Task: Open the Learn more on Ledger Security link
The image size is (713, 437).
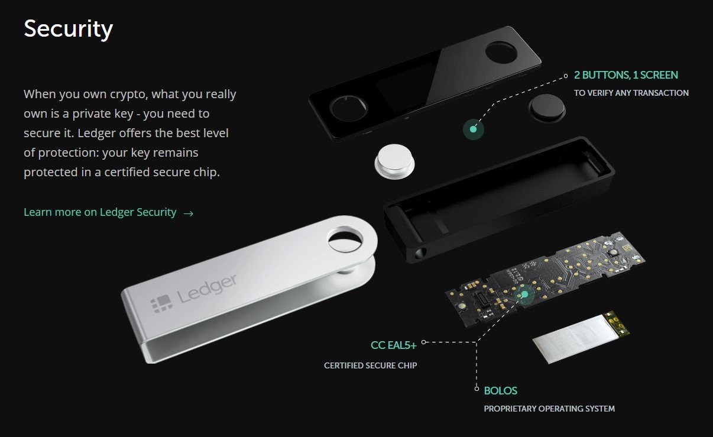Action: coord(100,212)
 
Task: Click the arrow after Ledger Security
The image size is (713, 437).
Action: coord(189,213)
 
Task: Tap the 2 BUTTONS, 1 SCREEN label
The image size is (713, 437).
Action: coord(626,75)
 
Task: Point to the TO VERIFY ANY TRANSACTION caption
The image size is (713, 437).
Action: coord(631,93)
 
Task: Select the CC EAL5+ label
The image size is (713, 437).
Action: coord(393,345)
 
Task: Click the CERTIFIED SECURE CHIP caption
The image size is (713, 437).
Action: coord(370,365)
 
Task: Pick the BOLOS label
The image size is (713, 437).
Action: coord(500,390)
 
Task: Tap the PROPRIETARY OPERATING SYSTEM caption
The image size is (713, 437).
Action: coord(549,409)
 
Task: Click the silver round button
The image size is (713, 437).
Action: coord(394,161)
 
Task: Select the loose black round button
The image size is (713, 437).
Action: coord(547,108)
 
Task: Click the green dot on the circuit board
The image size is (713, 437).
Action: coord(524,294)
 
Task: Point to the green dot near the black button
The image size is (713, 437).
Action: coord(474,130)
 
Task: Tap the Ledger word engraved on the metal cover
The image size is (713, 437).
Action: coord(207,288)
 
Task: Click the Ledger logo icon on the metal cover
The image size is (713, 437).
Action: coord(162,303)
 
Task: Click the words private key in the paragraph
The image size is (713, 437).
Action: coord(103,114)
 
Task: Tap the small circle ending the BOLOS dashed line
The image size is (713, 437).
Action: coord(477,389)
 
